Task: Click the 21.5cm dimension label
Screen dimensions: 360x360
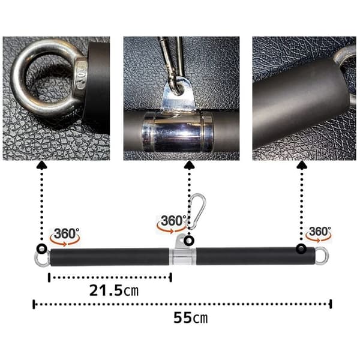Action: click(x=113, y=290)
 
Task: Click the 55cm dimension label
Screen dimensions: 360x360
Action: click(x=190, y=318)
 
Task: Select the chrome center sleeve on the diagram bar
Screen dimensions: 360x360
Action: click(x=182, y=256)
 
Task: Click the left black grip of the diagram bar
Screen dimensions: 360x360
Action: click(x=110, y=257)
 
